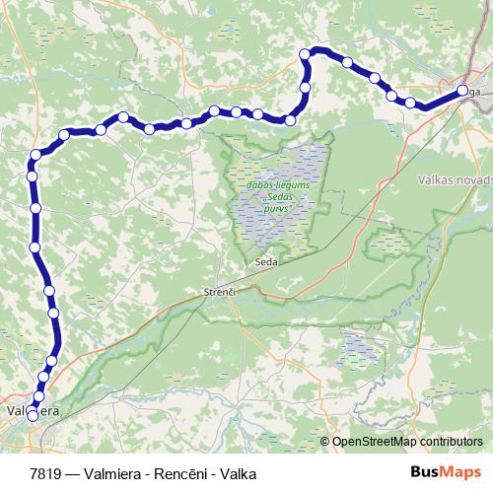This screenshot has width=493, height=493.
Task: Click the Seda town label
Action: tap(265, 263)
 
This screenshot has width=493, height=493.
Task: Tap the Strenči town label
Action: tap(219, 293)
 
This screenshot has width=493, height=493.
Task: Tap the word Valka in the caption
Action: tap(238, 473)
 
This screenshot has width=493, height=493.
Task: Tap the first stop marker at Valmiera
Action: tap(33, 416)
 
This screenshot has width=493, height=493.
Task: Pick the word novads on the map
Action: tap(468, 180)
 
